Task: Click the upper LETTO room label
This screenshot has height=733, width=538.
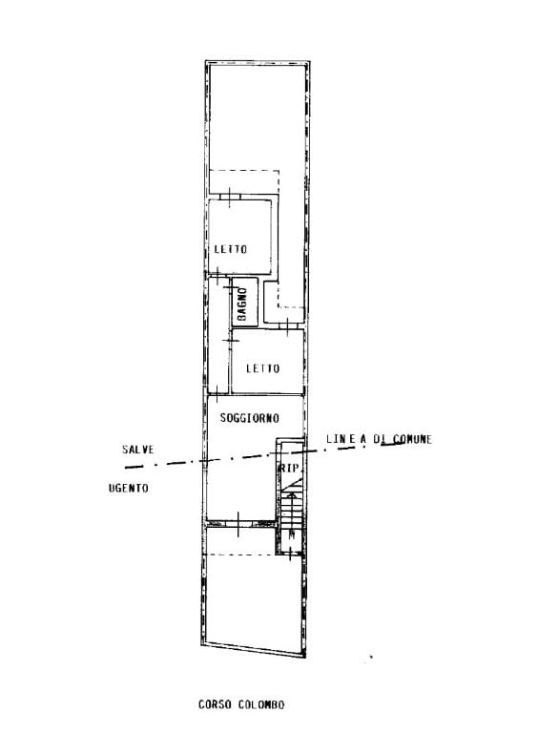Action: tap(230, 249)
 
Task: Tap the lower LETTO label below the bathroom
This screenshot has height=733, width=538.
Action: tap(263, 368)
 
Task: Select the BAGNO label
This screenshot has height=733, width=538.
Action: tap(242, 304)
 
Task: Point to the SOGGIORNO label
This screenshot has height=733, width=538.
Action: tap(249, 418)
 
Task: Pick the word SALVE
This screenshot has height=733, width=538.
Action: tap(137, 450)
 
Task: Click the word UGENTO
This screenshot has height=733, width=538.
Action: tap(129, 488)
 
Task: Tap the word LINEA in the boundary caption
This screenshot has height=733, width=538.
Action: tap(346, 439)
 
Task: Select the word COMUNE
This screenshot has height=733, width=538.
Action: tap(412, 439)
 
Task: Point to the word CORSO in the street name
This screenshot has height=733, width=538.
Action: tap(215, 704)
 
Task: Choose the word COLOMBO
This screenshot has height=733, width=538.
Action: tap(261, 704)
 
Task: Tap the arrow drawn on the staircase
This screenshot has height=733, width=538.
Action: tap(293, 514)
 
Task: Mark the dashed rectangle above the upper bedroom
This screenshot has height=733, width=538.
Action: tap(244, 182)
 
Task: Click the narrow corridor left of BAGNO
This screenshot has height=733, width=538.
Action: tap(218, 335)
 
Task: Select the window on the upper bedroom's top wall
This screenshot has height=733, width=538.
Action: tap(229, 198)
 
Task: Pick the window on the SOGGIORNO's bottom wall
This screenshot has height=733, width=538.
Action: tap(238, 524)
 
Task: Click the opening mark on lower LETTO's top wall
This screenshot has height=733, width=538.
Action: tap(288, 325)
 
